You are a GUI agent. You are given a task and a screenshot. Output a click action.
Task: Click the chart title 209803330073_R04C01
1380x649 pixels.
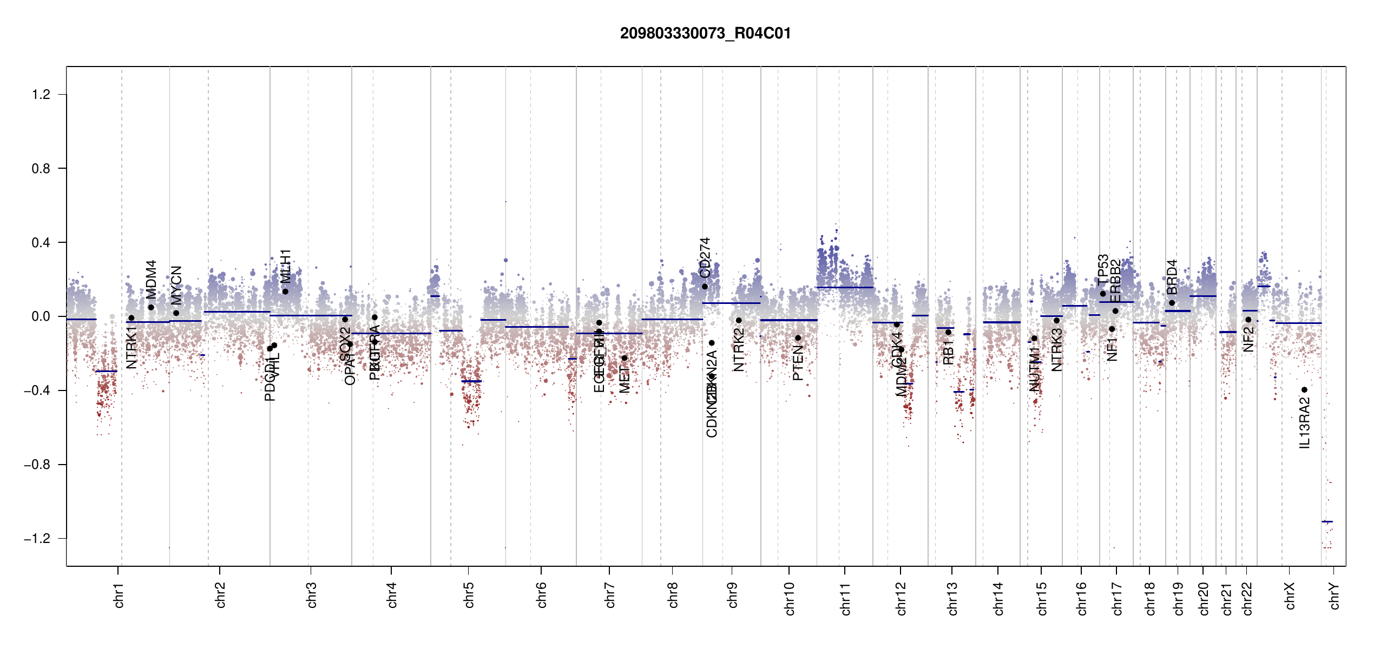pyautogui.click(x=705, y=34)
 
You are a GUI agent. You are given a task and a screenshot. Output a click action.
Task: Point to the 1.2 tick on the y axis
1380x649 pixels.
pyautogui.click(x=41, y=95)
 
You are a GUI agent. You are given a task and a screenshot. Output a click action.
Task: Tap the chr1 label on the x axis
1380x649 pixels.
pyautogui.click(x=119, y=595)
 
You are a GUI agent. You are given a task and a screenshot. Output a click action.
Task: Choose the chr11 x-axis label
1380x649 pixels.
pyautogui.click(x=845, y=598)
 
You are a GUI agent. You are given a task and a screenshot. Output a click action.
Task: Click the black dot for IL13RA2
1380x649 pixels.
pyautogui.click(x=1304, y=390)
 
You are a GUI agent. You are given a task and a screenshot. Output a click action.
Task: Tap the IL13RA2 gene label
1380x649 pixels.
pyautogui.click(x=1305, y=423)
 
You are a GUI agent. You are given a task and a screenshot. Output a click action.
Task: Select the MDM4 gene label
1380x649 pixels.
pyautogui.click(x=152, y=279)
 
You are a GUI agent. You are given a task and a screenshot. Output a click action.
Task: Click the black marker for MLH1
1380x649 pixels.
pyautogui.click(x=285, y=292)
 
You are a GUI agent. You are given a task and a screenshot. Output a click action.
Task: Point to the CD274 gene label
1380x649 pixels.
pyautogui.click(x=705, y=257)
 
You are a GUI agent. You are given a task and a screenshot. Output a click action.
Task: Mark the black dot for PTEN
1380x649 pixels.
pyautogui.click(x=798, y=338)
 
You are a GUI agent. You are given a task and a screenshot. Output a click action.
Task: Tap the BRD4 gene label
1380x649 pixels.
pyautogui.click(x=1172, y=277)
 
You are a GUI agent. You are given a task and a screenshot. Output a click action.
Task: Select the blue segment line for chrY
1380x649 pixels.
pyautogui.click(x=1327, y=521)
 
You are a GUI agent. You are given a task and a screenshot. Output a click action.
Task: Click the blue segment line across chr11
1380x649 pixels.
pyautogui.click(x=844, y=287)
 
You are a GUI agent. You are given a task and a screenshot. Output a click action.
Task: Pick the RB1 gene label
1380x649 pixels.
pyautogui.click(x=948, y=352)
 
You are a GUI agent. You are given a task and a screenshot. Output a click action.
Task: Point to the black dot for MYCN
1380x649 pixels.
pyautogui.click(x=176, y=313)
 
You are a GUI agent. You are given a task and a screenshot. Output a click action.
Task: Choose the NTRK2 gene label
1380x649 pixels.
pyautogui.click(x=739, y=350)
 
